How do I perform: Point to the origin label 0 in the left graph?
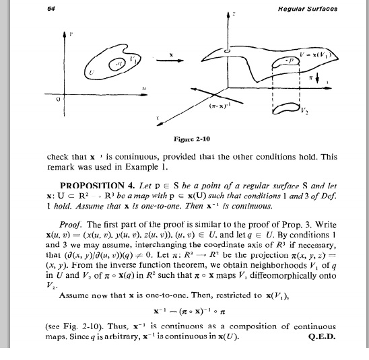click(x=59, y=98)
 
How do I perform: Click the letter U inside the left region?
click(x=92, y=70)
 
